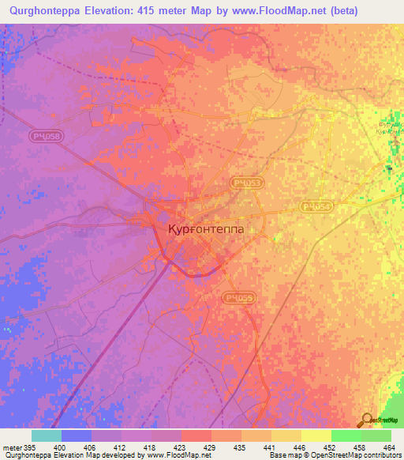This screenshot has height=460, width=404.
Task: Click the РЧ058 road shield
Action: click(46, 137)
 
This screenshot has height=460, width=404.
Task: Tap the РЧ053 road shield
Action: click(247, 183)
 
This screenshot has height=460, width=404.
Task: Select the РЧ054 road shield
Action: click(316, 206)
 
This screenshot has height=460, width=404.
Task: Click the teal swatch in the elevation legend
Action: click(47, 435)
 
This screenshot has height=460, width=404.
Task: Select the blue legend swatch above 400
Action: click(77, 435)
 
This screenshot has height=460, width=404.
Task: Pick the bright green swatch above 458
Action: click(346, 435)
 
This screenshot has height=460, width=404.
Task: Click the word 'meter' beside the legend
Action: click(12, 447)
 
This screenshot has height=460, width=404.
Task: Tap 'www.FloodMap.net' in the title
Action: click(279, 10)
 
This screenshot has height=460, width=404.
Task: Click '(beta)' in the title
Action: click(344, 10)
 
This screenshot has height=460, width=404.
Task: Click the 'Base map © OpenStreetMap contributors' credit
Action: click(334, 455)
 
